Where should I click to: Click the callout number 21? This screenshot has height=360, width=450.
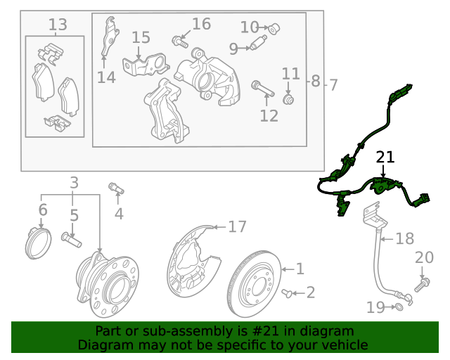point(385,157)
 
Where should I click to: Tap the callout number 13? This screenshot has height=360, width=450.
point(58,25)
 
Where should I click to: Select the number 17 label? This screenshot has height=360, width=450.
point(237,226)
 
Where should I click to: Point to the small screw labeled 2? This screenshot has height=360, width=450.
point(286,292)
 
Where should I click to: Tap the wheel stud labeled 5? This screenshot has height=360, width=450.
point(72,240)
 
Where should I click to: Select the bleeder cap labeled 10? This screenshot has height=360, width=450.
point(274,28)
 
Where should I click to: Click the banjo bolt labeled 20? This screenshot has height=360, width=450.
point(424,283)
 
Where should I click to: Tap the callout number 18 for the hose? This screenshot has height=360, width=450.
point(404,239)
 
